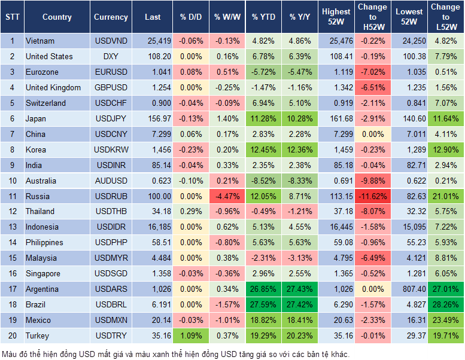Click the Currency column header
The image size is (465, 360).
coord(111,17)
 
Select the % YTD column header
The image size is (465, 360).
coord(264,17)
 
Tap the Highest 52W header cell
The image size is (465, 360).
coord(336,17)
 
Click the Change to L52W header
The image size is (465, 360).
coord(445,17)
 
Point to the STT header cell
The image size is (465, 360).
coord(12,17)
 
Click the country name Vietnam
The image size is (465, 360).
coord(40,41)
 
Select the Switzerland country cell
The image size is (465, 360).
coord(46,103)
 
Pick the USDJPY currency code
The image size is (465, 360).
coord(110,118)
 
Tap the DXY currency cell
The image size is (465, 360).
coord(110,57)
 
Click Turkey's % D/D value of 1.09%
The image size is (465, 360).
coord(191,335)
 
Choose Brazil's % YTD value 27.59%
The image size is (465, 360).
coord(264,304)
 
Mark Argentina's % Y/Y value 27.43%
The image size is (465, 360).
coord(300,289)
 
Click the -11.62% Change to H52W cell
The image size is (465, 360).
coord(372,196)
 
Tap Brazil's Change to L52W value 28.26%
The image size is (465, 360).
coord(445,304)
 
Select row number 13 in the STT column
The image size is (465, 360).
coord(12,227)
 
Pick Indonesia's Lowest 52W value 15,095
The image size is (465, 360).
coord(409,227)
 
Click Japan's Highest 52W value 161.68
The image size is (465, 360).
coord(336,118)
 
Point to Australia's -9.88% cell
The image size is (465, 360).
coord(372,181)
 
